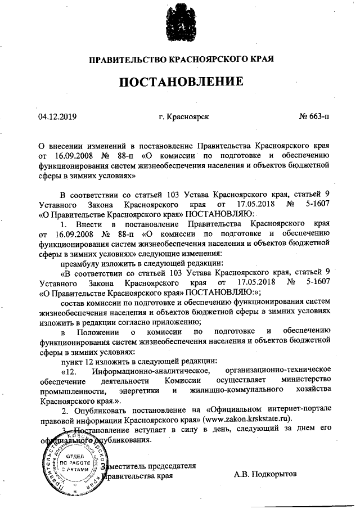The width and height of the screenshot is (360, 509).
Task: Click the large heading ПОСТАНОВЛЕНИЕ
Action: [180, 82]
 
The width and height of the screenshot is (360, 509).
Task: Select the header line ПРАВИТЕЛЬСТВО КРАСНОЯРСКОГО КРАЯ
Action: [180, 58]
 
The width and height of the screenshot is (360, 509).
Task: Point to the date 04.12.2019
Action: [57, 116]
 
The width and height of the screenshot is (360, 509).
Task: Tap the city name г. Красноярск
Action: [184, 116]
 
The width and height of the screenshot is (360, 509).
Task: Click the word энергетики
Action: [141, 391]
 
